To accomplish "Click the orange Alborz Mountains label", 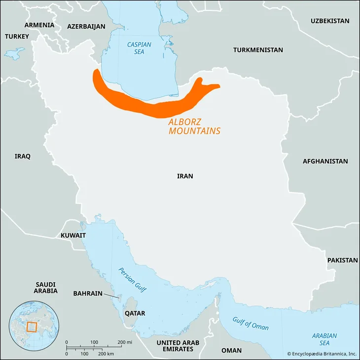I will [194, 127].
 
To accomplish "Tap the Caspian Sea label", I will [139, 48].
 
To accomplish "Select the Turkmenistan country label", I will [258, 50].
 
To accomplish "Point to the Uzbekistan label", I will [329, 21].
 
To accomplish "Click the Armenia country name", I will [39, 25].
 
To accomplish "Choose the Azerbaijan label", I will [86, 27].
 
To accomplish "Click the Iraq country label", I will [22, 156].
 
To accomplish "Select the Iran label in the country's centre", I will [185, 176].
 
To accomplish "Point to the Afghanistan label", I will [325, 161].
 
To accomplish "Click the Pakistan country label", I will [342, 260].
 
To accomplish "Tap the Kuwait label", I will [73, 236].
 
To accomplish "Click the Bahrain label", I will [88, 293].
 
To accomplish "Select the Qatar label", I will [135, 313].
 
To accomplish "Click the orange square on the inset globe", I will [32, 327].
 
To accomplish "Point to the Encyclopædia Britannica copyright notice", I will [322, 354].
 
